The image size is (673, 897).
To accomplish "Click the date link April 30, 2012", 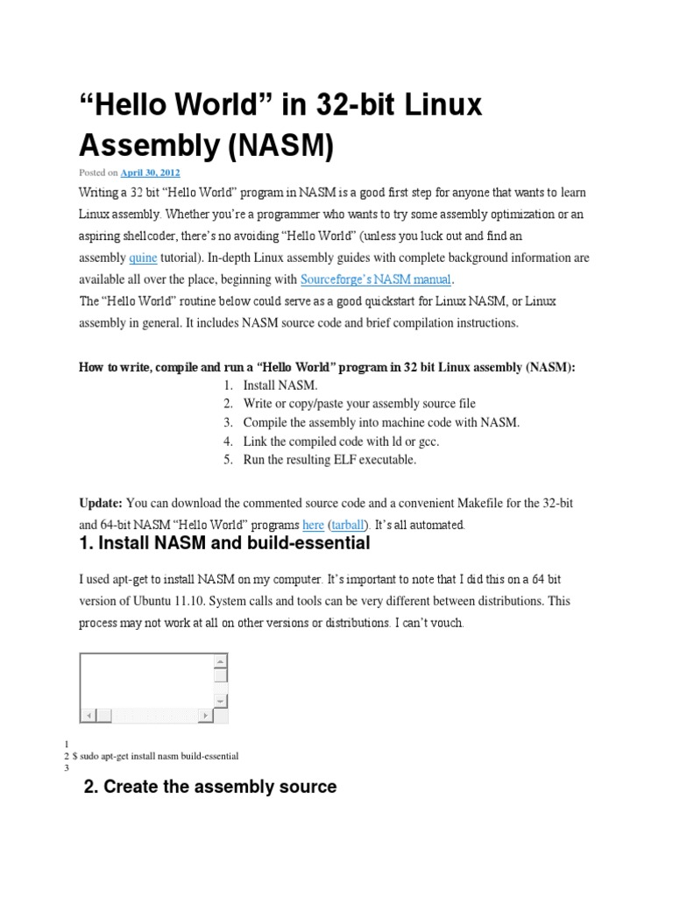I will tap(150, 173).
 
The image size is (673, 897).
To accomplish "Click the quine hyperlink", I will tap(143, 258).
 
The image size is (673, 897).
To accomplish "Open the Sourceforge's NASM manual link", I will tap(376, 280).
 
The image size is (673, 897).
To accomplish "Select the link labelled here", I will tap(313, 526).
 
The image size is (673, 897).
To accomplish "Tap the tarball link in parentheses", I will tap(351, 526).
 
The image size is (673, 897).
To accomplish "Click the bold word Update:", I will tap(101, 504).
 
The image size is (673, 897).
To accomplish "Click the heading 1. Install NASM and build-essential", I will tap(225, 544).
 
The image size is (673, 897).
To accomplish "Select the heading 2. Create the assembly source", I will tap(210, 787).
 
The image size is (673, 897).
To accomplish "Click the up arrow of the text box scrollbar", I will tap(221, 660).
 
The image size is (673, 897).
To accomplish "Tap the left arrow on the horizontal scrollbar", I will tap(86, 716).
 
